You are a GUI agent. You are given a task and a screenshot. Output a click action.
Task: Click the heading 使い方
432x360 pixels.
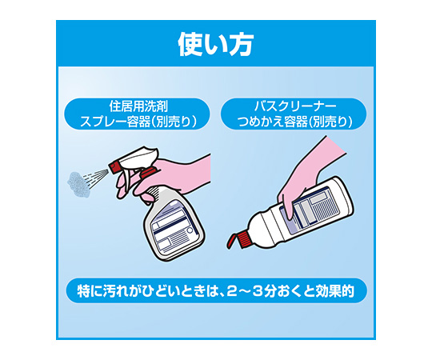[215, 45]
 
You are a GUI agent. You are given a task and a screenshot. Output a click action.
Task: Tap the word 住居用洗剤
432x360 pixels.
[138, 106]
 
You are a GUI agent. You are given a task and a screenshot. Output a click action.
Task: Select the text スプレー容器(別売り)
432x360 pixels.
[138, 122]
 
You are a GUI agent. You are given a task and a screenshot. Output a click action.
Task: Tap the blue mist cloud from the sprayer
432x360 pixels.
[78, 185]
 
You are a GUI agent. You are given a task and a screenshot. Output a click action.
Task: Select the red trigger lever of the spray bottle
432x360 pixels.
[149, 173]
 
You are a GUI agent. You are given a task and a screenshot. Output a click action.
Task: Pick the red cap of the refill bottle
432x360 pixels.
[238, 241]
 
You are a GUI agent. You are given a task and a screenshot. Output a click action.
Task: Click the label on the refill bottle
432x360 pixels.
[308, 207]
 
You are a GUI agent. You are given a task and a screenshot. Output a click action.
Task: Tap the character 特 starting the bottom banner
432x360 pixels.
[83, 292]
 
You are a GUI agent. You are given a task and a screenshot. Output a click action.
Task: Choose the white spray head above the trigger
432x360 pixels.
[139, 156]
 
